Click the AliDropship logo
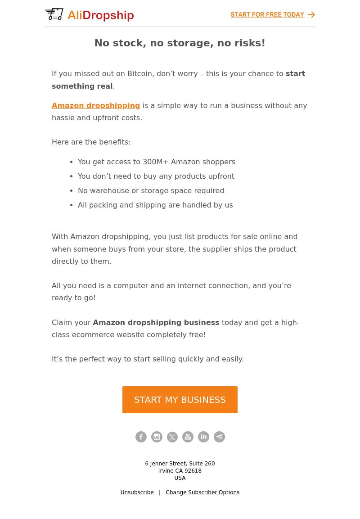click(x=90, y=15)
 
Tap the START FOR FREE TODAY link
click(x=267, y=15)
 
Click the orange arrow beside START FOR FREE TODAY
click(x=311, y=15)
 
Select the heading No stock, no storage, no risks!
click(x=180, y=43)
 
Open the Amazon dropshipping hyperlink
click(x=96, y=105)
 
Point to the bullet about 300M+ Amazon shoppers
click(x=156, y=162)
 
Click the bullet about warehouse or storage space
click(x=151, y=190)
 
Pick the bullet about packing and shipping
click(x=155, y=205)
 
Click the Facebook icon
click(x=141, y=437)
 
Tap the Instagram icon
click(x=157, y=437)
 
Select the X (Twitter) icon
click(x=172, y=437)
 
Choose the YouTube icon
click(x=188, y=437)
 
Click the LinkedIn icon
click(x=203, y=437)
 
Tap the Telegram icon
click(x=219, y=437)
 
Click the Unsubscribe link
click(x=137, y=492)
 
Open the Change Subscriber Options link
click(x=202, y=492)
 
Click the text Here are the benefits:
click(x=91, y=142)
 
